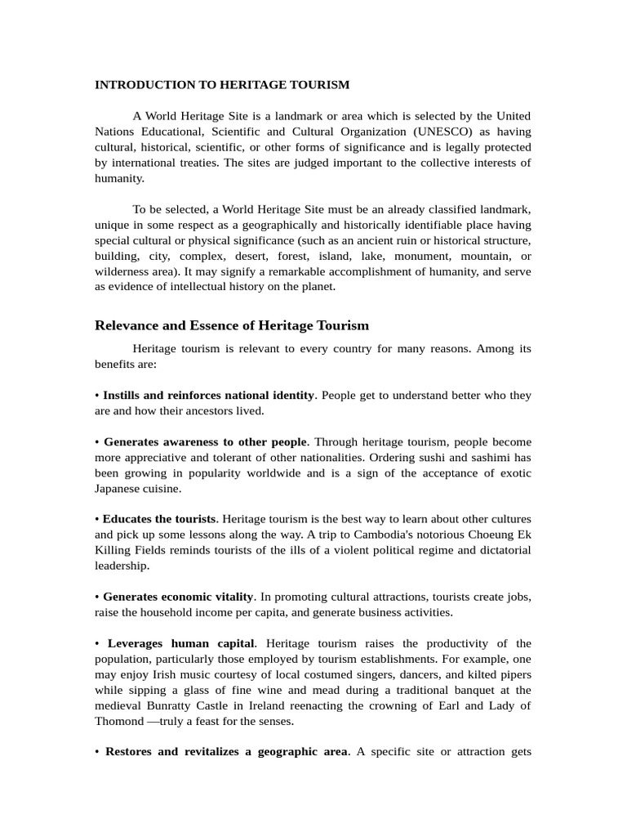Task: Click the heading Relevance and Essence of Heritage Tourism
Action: coord(232,325)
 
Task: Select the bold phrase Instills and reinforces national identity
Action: coord(208,396)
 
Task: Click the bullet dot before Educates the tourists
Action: coord(97,520)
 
